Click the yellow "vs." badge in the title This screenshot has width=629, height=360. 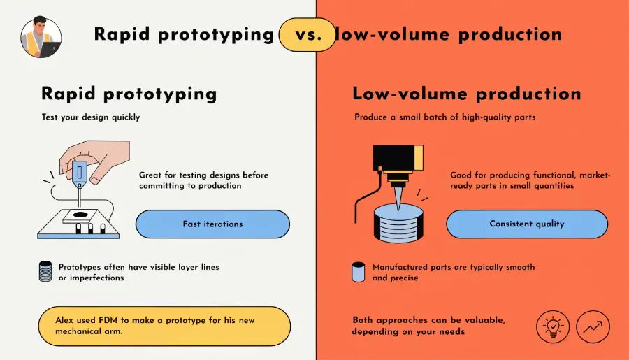[308, 35]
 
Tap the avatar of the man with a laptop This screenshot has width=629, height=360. [41, 37]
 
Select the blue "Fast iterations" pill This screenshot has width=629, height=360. [212, 224]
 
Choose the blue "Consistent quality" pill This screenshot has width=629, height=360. [527, 224]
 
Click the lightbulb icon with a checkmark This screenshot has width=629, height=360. [553, 326]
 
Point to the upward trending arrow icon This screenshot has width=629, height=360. [593, 326]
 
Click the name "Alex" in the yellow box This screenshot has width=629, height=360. [64, 320]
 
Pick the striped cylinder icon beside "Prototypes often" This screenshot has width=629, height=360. [45, 271]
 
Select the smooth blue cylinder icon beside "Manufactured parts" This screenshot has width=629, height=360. [359, 272]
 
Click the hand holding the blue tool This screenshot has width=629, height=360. [96, 159]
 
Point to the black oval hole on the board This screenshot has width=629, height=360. [80, 215]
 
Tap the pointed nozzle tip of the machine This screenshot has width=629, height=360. [398, 210]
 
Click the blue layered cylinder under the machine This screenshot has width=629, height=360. [398, 223]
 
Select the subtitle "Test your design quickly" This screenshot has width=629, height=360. [91, 117]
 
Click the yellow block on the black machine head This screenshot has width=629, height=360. [419, 158]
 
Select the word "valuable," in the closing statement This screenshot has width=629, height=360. [485, 320]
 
